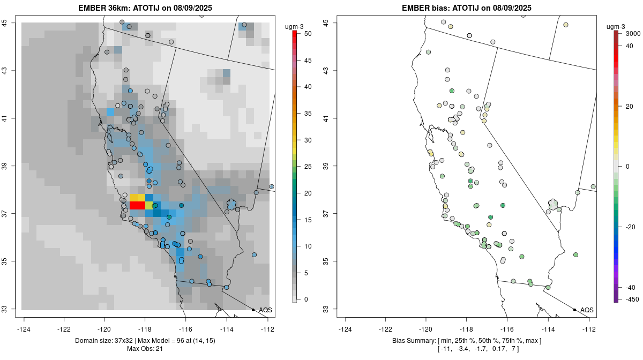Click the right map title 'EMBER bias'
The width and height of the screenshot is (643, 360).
424,7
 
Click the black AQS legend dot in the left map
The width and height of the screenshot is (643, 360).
253,310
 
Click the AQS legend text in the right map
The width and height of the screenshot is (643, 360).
587,310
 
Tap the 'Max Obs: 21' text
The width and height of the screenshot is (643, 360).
145,349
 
